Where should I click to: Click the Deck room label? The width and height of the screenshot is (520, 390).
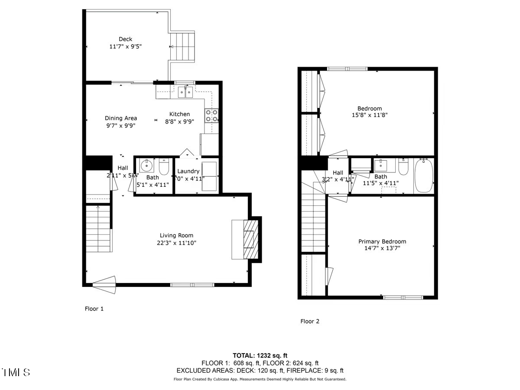pyautogui.click(x=126, y=39)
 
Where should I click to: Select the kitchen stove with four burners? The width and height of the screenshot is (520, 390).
pyautogui.click(x=211, y=116)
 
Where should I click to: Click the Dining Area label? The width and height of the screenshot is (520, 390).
pyautogui.click(x=121, y=118)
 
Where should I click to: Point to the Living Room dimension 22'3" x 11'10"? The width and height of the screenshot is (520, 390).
pyautogui.click(x=176, y=243)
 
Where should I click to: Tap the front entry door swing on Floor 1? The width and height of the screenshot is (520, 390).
pyautogui.click(x=104, y=285)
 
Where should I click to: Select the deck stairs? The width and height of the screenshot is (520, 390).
pyautogui.click(x=182, y=47)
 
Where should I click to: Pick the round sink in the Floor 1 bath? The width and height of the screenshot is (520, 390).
pyautogui.click(x=147, y=166)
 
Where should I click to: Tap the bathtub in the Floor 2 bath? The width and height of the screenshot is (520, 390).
pyautogui.click(x=423, y=176)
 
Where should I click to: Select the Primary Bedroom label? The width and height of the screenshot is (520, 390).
pyautogui.click(x=382, y=241)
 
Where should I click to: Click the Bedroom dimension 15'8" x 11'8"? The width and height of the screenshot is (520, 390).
pyautogui.click(x=370, y=115)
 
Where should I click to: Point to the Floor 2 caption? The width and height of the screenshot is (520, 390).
pyautogui.click(x=310, y=321)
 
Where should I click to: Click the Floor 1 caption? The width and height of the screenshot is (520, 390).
pyautogui.click(x=94, y=309)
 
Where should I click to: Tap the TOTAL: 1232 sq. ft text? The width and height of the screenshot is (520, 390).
pyautogui.click(x=260, y=355)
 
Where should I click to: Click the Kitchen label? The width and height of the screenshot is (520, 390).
pyautogui.click(x=179, y=114)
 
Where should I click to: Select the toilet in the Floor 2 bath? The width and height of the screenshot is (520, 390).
pyautogui.click(x=403, y=167)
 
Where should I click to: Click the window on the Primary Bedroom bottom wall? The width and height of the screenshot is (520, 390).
pyautogui.click(x=403, y=297)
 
